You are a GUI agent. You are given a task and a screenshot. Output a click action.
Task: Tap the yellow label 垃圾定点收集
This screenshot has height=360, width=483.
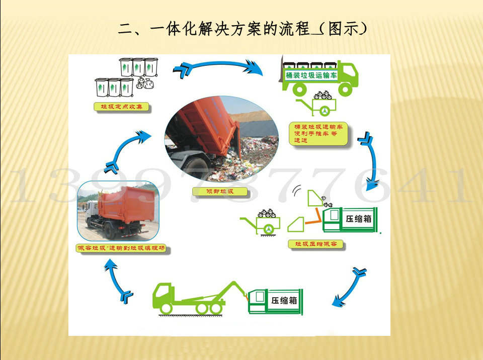[x=122, y=107]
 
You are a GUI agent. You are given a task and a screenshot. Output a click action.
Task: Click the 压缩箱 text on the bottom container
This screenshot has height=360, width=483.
[x=284, y=301]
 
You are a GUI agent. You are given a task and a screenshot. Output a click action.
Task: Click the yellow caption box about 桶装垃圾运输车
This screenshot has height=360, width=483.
[x=320, y=133]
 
